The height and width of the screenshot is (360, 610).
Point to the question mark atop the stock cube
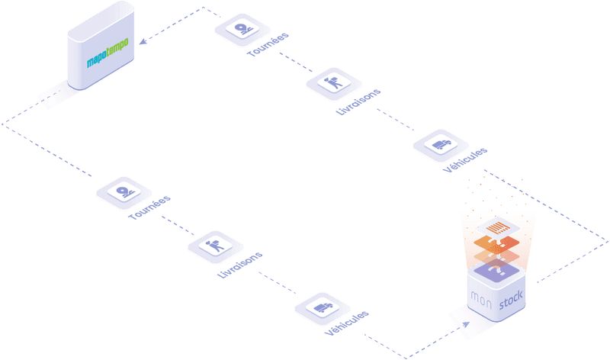pos(497,268)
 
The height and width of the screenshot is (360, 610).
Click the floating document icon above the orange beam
pos(498,227)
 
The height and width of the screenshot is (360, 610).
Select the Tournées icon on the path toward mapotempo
pos(242,30)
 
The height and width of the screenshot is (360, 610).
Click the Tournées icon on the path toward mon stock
pos(124,191)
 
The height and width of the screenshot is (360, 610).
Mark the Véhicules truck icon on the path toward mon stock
pos(322,307)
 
